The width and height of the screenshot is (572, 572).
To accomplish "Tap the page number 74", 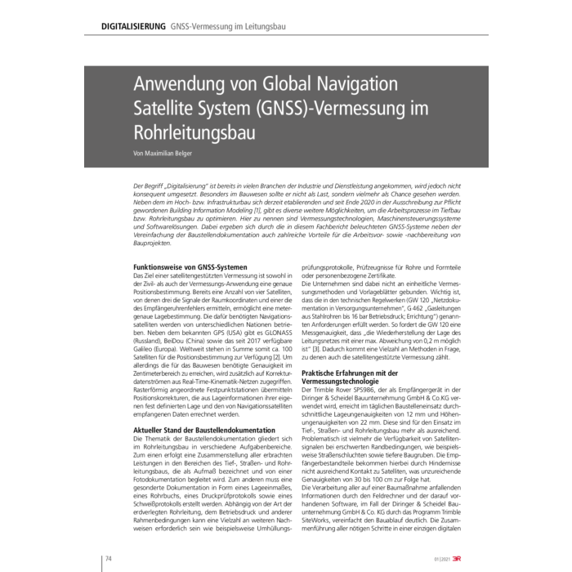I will tap(107, 558).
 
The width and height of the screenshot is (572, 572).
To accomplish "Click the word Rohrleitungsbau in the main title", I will tap(193, 130).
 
